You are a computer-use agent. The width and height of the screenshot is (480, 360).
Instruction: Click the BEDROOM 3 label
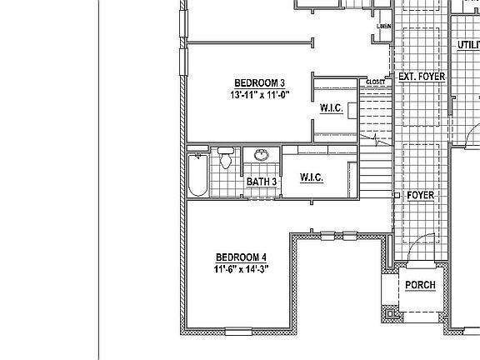(x=259, y=82)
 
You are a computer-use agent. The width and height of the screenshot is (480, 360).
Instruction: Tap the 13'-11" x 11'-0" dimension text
(x=259, y=96)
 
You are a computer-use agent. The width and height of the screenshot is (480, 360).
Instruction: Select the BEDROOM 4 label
(x=241, y=257)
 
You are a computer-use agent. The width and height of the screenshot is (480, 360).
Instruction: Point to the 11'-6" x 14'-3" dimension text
(x=241, y=269)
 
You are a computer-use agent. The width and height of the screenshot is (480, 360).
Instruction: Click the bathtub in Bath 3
(x=197, y=173)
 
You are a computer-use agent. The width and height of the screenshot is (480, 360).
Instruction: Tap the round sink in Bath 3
(x=262, y=156)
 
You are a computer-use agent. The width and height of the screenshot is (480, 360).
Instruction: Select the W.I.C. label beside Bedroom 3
(x=332, y=108)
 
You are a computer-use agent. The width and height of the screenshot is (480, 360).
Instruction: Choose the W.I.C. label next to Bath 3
(x=311, y=178)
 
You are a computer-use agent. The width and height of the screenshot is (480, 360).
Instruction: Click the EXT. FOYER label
(x=421, y=77)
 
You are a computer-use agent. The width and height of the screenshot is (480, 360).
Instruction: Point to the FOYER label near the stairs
(x=421, y=195)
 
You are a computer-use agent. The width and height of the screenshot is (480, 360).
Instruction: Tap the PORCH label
(x=420, y=285)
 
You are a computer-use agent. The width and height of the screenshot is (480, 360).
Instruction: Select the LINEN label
(x=384, y=27)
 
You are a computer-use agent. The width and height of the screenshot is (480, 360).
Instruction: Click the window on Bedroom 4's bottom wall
(x=237, y=332)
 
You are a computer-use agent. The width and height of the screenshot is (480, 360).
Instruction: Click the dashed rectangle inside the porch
(x=419, y=291)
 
